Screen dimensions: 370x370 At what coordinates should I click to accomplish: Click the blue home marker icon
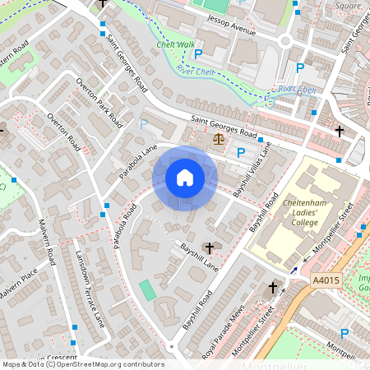(185, 178)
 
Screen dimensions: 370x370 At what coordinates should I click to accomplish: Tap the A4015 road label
(326, 280)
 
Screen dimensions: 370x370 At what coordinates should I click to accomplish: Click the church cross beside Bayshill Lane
(209, 247)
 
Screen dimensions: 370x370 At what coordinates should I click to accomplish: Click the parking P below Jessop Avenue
(197, 54)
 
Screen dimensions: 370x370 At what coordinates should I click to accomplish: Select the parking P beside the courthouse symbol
(241, 152)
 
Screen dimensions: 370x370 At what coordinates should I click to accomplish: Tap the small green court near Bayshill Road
(146, 290)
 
